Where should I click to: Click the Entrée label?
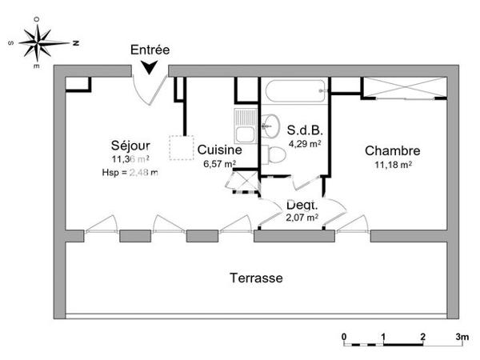point(150,50)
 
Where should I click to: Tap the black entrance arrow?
point(150,70)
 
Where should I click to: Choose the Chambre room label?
point(393,150)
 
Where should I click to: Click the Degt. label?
point(302,205)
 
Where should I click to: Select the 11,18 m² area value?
point(393,165)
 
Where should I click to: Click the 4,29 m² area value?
point(304,144)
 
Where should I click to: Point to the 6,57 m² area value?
point(219,164)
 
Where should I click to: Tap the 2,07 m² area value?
point(302,217)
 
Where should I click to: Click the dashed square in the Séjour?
point(181,149)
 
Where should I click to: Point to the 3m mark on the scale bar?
point(461,336)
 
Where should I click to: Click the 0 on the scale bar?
point(343,336)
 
